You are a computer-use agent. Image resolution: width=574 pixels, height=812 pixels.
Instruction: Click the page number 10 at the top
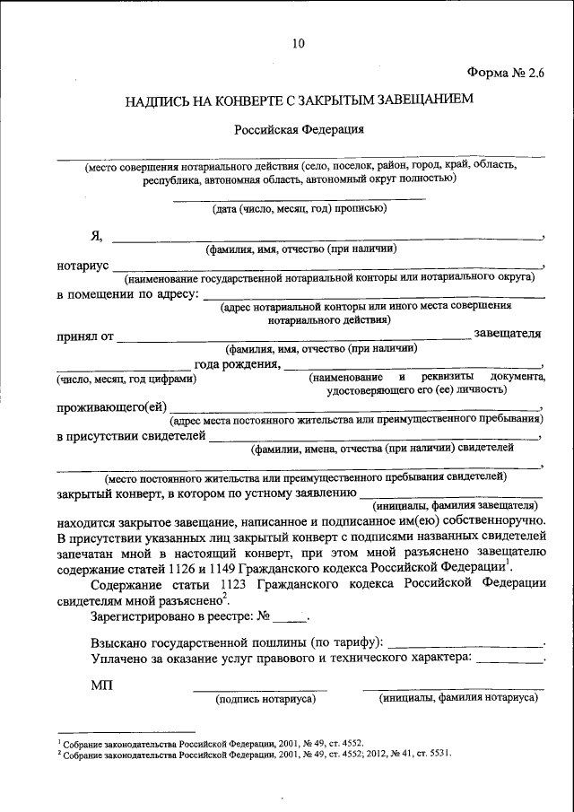pos(298,42)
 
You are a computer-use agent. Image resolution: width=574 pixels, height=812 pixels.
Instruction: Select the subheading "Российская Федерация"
pos(299,129)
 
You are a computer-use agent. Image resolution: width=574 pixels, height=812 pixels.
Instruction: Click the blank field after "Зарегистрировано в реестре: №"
pos(289,619)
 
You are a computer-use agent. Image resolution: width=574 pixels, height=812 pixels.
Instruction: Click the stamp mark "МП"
pos(101,685)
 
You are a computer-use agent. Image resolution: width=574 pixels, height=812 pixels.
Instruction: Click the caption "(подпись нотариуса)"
pos(260,698)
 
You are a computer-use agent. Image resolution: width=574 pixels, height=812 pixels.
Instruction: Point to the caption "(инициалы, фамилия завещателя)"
pos(457,504)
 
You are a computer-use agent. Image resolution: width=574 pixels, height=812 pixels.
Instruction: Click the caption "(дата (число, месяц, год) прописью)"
pos(299,208)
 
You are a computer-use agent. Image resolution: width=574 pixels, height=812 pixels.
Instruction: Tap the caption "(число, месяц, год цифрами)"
pos(126,379)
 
